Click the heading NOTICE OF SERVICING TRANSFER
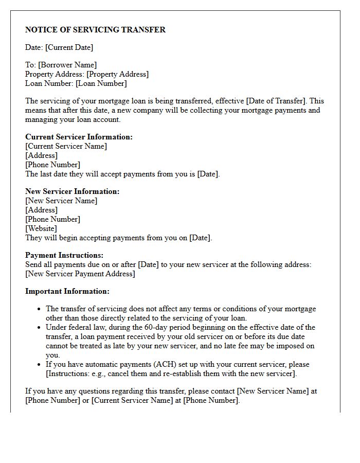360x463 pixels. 95,30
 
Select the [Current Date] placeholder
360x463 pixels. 69,47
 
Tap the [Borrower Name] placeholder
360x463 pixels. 67,65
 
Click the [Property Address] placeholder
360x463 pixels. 117,74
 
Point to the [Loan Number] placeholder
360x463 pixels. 101,83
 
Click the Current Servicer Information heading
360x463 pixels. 79,137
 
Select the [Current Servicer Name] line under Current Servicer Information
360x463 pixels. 66,146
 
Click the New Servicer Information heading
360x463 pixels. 72,191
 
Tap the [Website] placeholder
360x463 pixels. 41,228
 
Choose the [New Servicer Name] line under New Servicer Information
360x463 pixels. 61,201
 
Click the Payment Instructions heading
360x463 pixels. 64,255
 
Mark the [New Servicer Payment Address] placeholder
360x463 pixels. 80,274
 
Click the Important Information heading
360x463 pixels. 67,291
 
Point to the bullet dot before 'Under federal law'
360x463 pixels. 39,328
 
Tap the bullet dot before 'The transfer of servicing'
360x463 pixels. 39,309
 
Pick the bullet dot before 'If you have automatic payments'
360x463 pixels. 39,365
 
